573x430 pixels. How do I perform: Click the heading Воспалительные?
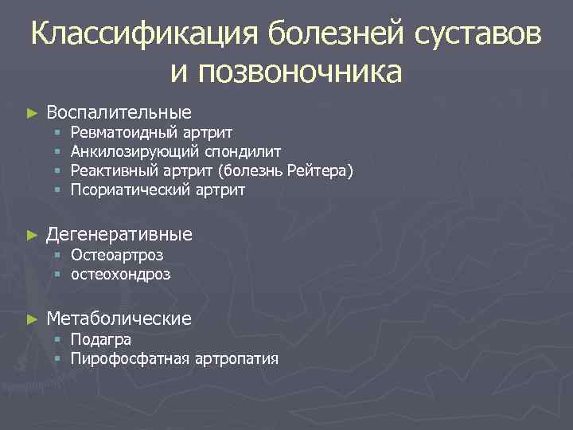tap(119, 112)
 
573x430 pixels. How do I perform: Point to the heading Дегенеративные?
tap(119, 234)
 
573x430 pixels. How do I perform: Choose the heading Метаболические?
tap(119, 319)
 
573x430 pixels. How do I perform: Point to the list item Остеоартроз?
tap(116, 256)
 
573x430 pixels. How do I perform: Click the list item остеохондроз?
tap(120, 275)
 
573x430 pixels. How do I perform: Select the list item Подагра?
tap(100, 340)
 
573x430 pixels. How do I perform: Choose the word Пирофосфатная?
tap(129, 359)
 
